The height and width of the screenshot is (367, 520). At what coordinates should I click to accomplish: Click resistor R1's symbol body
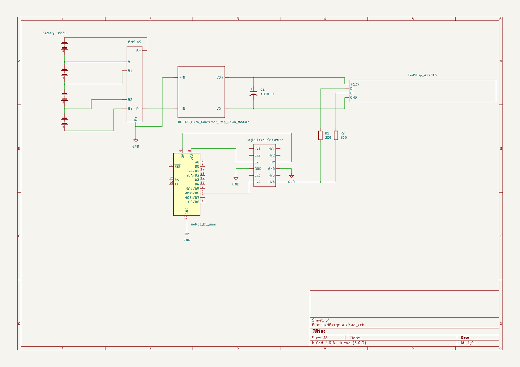click(320, 135)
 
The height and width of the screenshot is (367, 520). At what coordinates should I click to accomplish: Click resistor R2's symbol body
click(336, 135)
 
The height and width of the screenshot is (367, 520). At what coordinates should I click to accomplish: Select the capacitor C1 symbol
click(254, 93)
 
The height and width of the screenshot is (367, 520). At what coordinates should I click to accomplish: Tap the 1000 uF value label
click(267, 94)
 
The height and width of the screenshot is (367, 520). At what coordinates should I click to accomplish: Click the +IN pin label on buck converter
click(182, 78)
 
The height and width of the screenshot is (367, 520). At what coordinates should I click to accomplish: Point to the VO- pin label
click(220, 109)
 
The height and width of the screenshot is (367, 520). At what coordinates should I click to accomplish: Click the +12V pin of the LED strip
click(355, 84)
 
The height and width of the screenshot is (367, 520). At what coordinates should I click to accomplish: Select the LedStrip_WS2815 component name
click(422, 75)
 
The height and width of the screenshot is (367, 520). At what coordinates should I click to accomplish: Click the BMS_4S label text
click(135, 42)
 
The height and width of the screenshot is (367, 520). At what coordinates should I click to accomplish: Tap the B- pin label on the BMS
click(139, 50)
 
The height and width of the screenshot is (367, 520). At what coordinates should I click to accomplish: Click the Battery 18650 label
click(55, 33)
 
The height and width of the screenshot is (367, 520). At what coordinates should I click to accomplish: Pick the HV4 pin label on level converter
click(271, 182)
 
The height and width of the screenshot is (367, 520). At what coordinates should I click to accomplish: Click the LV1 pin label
click(257, 149)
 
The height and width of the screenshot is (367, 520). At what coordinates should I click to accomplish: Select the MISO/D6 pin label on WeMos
click(192, 193)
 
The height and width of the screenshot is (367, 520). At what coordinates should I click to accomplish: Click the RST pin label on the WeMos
click(177, 167)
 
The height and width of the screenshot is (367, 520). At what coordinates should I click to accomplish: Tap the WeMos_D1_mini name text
click(203, 224)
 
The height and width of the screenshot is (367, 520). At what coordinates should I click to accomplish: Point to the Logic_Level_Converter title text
click(265, 140)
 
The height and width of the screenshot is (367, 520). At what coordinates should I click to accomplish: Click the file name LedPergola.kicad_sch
click(343, 325)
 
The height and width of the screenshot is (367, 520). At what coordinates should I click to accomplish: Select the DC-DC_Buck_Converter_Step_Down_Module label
click(213, 122)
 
